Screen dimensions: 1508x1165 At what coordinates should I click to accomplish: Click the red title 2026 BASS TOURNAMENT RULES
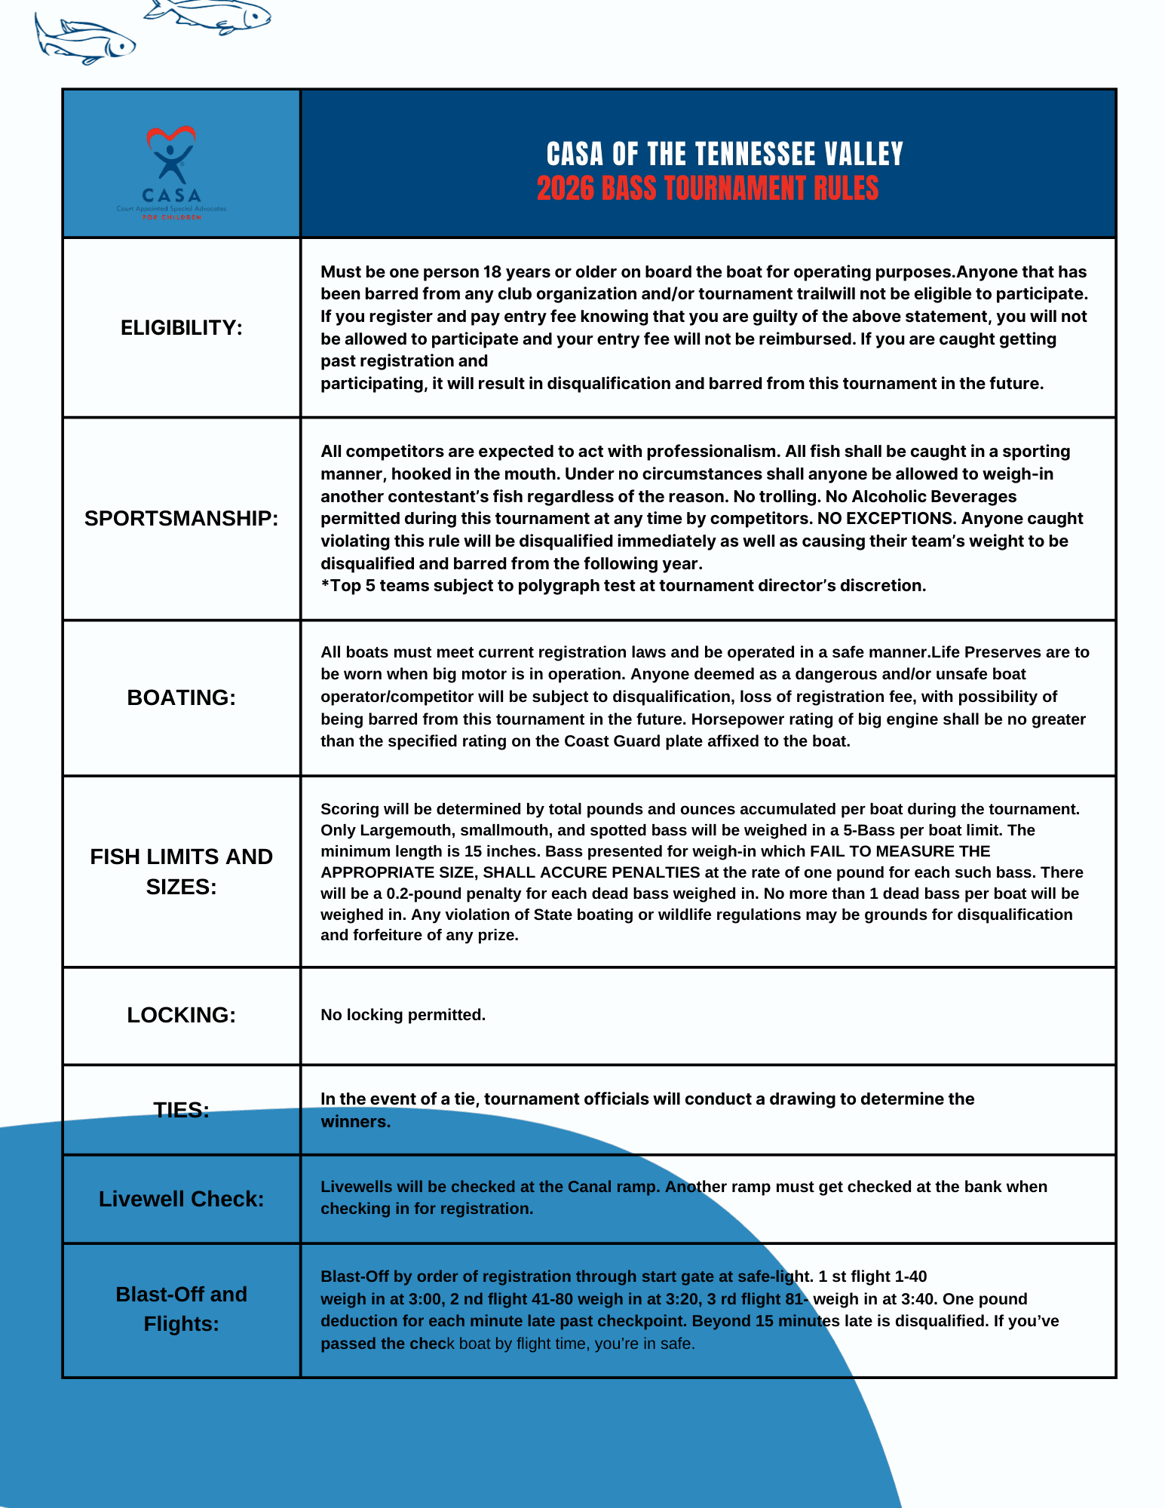pos(707,188)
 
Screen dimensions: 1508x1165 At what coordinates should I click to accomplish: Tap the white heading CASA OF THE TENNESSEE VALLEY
pos(724,154)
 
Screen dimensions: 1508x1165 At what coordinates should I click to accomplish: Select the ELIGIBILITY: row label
pos(182,328)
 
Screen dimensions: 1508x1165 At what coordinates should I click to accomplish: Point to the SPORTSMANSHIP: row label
pos(181,519)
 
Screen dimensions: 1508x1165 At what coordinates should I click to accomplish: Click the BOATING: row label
pos(181,698)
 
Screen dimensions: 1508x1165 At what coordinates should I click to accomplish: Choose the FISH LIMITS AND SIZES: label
pos(181,872)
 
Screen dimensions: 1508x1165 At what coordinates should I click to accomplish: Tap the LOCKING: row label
pos(181,1016)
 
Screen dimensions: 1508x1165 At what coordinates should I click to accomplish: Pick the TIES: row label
pos(181,1110)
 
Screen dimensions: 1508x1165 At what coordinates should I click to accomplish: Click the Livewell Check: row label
pos(181,1199)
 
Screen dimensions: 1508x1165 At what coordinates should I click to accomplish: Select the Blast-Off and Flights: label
pos(181,1309)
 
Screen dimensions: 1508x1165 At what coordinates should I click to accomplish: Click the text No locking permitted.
pos(403,1015)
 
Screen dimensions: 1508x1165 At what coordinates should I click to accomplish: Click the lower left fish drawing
pos(84,41)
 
